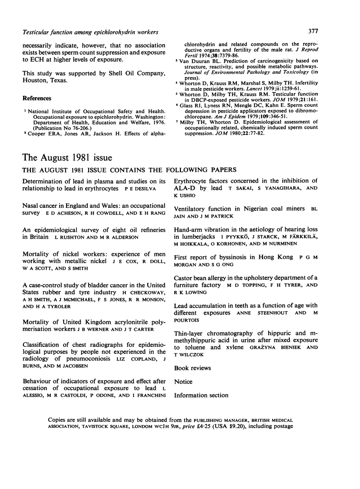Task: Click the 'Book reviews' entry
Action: click(192, 368)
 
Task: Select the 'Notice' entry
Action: click(183, 382)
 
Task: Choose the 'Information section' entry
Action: click(201, 395)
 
